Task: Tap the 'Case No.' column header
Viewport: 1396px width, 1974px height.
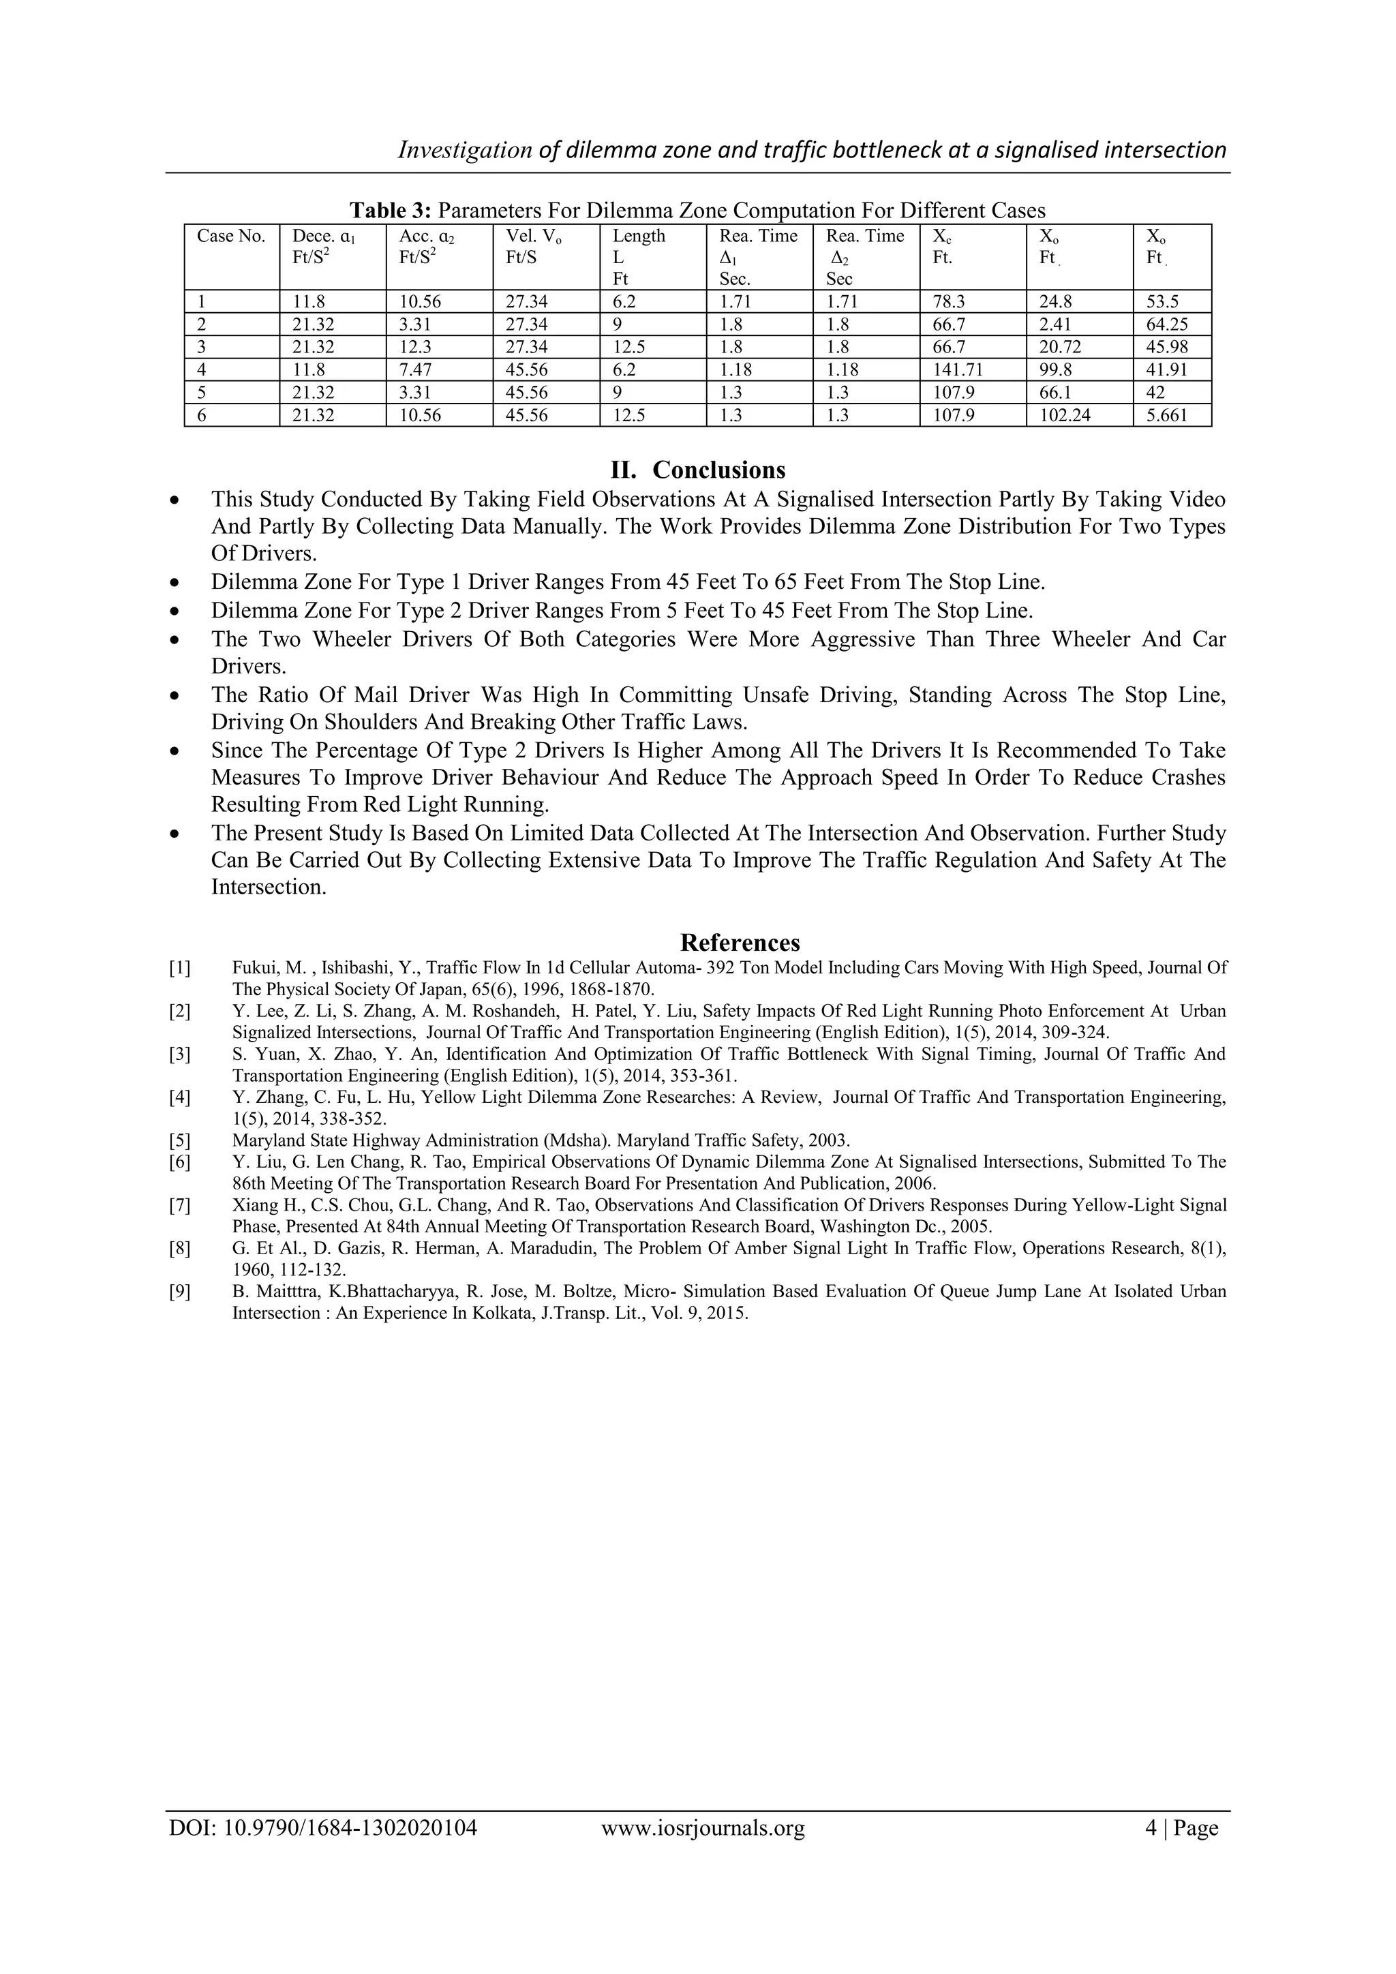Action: [231, 237]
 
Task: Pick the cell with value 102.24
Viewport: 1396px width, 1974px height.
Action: [1064, 415]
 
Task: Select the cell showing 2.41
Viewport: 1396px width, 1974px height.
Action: [1054, 324]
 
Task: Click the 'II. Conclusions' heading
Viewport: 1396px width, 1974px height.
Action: [697, 470]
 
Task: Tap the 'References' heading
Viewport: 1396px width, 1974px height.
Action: [740, 942]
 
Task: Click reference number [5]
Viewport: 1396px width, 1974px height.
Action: [180, 1141]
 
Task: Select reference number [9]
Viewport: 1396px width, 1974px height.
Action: [180, 1292]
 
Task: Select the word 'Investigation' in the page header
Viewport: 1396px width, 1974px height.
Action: [464, 151]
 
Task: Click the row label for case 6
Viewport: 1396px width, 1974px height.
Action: [201, 415]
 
